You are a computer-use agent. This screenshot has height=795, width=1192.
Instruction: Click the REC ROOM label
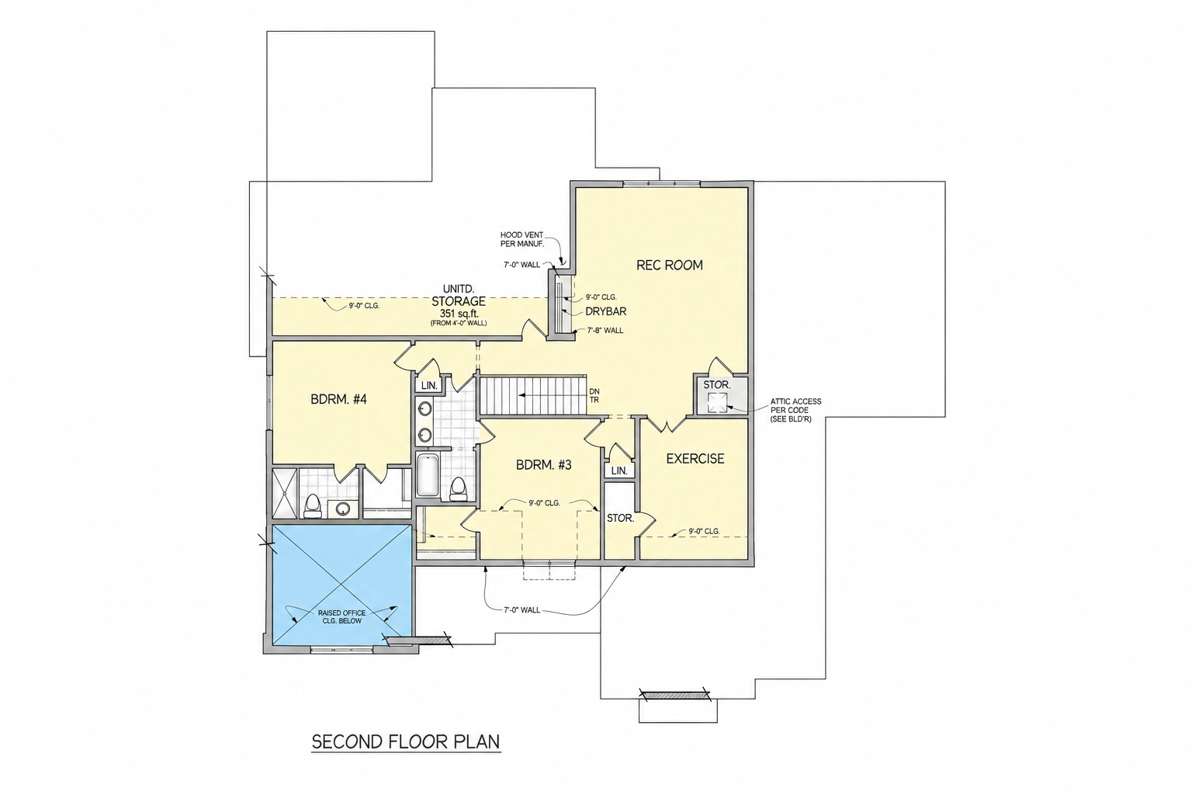[x=670, y=266]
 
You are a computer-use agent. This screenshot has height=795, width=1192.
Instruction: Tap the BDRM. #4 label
[x=339, y=399]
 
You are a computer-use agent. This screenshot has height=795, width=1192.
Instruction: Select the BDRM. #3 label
[x=544, y=465]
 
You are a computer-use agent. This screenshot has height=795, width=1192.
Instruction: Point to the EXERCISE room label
[x=695, y=459]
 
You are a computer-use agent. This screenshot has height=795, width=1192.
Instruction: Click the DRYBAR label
[x=605, y=311]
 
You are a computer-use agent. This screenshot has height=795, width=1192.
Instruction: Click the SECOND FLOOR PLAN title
[x=406, y=741]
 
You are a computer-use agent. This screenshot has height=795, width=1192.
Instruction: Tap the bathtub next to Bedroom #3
[x=428, y=474]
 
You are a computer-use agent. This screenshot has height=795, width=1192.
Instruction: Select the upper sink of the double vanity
[x=424, y=409]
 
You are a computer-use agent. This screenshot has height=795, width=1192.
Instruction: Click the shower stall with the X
[x=284, y=493]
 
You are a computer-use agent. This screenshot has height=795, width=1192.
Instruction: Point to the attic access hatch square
[x=716, y=402]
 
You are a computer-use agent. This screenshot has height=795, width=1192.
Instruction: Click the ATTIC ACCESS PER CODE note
[x=796, y=410]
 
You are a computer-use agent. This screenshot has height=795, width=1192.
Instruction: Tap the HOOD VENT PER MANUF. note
[x=521, y=239]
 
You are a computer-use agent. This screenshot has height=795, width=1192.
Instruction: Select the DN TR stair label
[x=594, y=396]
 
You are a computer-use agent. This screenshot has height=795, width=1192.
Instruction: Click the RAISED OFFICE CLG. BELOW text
[x=341, y=616]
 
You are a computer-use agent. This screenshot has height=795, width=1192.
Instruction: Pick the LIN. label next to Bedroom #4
[x=429, y=386]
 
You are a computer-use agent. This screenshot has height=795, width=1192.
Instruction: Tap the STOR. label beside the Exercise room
[x=621, y=518]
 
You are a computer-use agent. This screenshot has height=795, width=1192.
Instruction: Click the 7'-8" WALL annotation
[x=605, y=331]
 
